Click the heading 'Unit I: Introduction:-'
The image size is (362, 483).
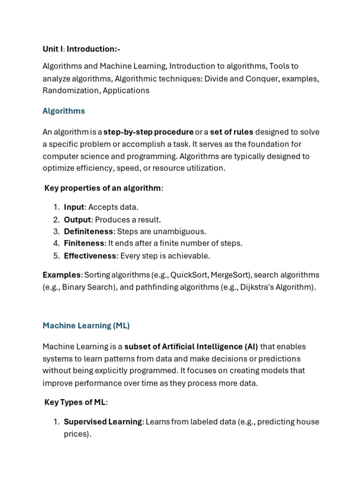[81, 49]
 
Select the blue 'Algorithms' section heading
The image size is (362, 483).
[64, 111]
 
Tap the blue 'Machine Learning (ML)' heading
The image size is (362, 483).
[86, 325]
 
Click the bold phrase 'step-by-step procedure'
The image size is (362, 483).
[148, 132]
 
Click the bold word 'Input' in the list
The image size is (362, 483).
[74, 207]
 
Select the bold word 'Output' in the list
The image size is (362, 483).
[77, 219]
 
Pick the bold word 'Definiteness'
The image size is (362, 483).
[89, 231]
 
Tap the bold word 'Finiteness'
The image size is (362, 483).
[84, 243]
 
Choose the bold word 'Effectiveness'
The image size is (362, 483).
[90, 256]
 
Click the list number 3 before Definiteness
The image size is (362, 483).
[56, 231]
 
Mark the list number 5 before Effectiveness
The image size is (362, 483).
[56, 256]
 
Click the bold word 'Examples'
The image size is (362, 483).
[62, 275]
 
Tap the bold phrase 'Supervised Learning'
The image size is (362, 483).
[103, 422]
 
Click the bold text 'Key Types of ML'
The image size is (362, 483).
[75, 402]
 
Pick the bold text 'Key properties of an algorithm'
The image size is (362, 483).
[103, 188]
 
